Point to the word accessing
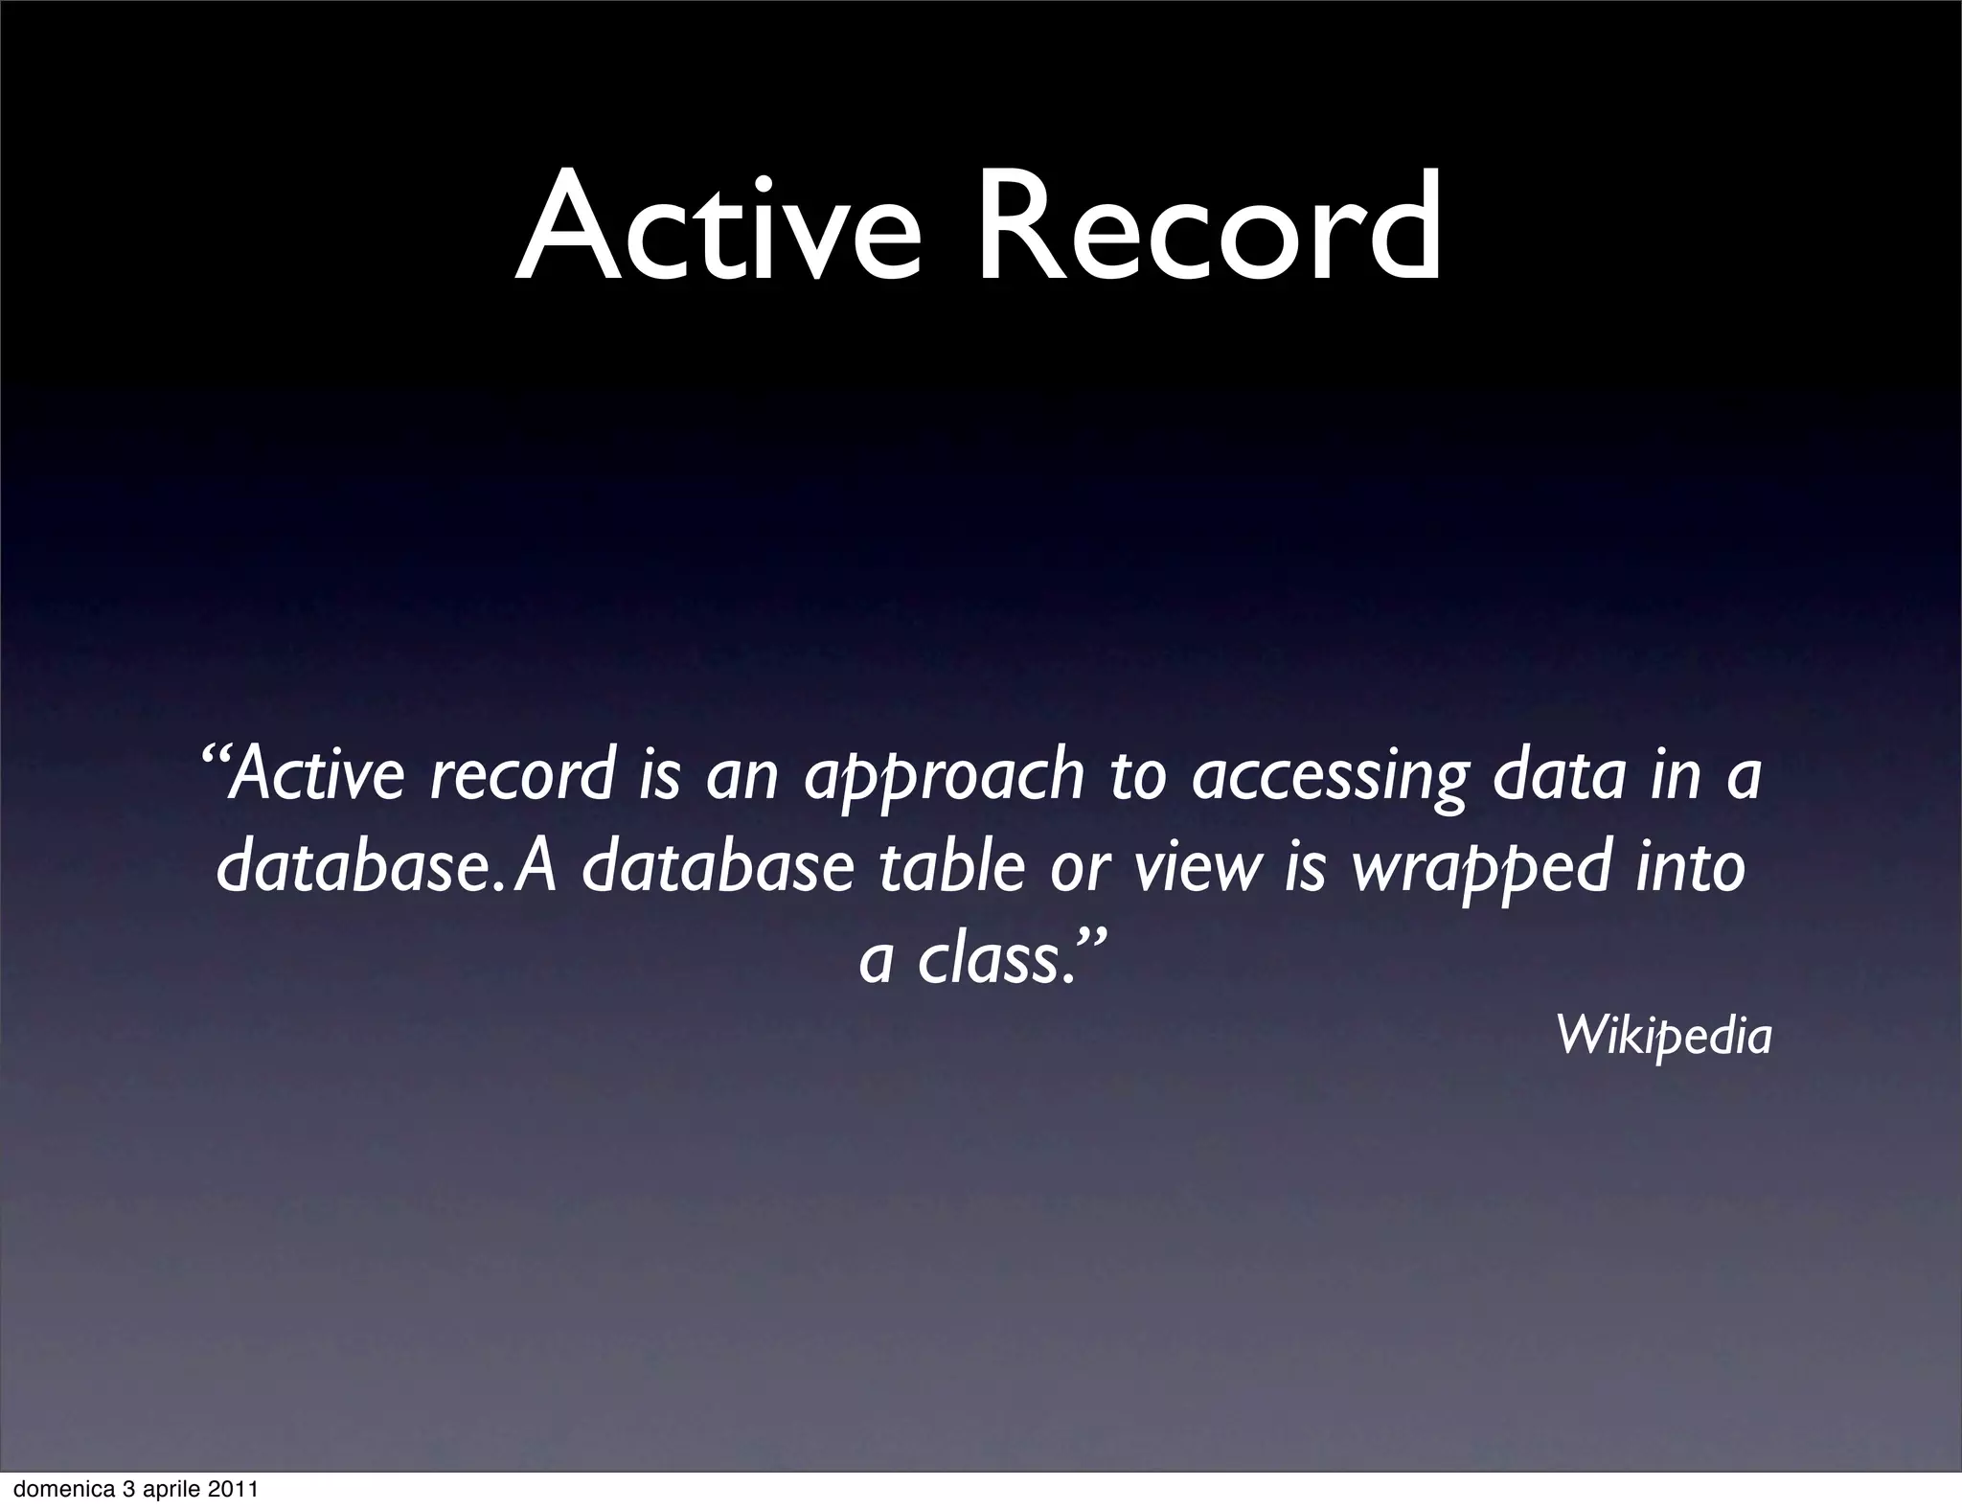coord(1328,776)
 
